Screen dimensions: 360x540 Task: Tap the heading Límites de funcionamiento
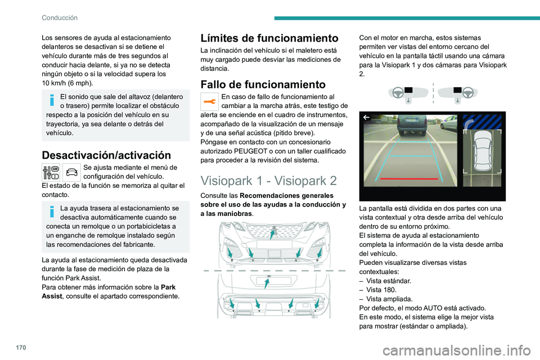[x=269, y=38]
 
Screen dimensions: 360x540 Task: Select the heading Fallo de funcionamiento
[x=263, y=84]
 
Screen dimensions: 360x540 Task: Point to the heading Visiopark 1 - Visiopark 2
[x=269, y=181]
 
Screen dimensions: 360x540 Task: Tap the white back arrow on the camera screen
[x=366, y=118]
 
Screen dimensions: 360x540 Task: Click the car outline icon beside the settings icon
[x=71, y=172]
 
